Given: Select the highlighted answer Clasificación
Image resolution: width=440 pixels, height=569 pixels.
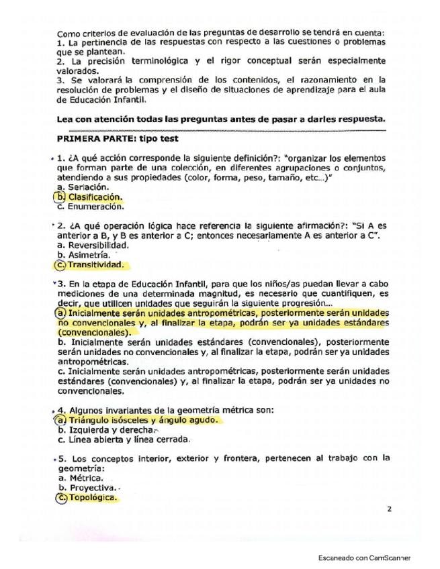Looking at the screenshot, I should tap(95, 197).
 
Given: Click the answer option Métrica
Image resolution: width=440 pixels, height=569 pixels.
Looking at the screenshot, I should tap(85, 478).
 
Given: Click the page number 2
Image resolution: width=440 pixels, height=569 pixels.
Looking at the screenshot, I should tap(389, 510).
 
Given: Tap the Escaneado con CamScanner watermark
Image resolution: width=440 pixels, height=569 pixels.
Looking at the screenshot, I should tap(364, 558).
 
